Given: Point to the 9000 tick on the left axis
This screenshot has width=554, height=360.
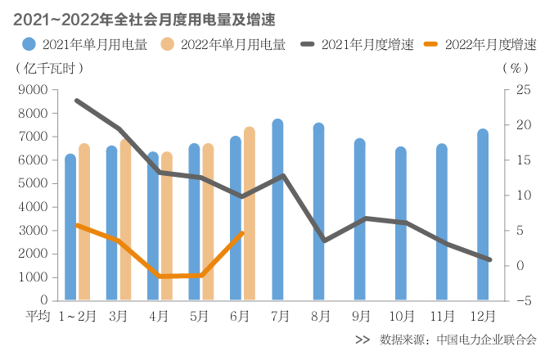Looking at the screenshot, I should [x=34, y=90].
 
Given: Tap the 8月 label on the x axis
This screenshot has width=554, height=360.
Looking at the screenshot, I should [x=320, y=315].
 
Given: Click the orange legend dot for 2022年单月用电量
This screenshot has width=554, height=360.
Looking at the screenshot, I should [x=169, y=45].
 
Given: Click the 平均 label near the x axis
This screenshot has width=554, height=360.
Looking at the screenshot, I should [x=38, y=315].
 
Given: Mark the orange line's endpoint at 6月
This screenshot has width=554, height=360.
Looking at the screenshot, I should [x=242, y=233].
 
